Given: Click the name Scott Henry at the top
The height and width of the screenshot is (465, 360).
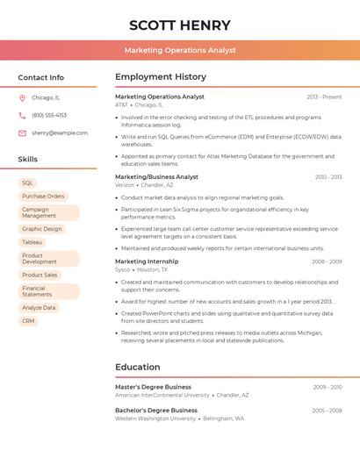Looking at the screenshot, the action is click(x=180, y=25).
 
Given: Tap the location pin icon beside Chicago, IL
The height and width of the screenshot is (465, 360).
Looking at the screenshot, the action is click(x=22, y=98).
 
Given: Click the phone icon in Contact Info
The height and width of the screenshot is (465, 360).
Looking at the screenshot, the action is click(x=22, y=116).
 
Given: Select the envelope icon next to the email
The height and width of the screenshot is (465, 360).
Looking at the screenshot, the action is click(x=22, y=133).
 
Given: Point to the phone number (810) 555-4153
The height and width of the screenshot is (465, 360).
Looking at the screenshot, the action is click(x=49, y=116).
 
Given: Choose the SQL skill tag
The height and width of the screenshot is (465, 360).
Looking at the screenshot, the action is click(x=27, y=183).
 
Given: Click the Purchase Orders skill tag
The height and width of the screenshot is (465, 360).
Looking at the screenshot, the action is click(x=43, y=197).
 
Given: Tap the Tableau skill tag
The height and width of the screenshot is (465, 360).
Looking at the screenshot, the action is click(x=32, y=242).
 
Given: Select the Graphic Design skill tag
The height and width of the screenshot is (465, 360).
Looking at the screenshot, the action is click(x=42, y=229).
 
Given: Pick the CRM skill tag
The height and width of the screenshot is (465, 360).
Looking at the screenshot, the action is click(x=28, y=321).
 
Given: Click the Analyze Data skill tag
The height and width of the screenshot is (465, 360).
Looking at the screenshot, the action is click(x=39, y=308).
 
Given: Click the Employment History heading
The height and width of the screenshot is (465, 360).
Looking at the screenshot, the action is click(x=161, y=77).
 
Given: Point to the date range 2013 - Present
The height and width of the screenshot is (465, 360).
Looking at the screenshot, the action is click(x=324, y=97).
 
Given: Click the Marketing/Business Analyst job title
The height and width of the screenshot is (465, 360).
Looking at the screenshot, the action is click(x=156, y=177).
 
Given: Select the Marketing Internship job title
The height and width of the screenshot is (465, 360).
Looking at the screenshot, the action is click(x=147, y=261).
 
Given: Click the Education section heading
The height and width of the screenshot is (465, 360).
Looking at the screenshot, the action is click(x=138, y=368).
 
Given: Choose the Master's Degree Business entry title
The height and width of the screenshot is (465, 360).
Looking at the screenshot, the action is click(x=153, y=387).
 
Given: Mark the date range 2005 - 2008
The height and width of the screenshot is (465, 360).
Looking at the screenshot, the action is click(x=327, y=411).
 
